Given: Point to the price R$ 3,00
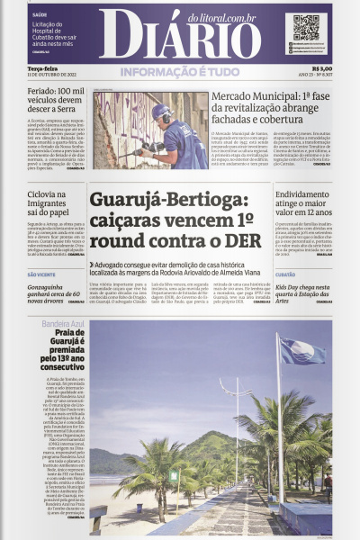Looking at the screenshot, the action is (321, 67).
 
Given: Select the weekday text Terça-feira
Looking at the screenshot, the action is (43, 67).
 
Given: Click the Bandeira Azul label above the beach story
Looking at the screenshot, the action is (60, 322).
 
